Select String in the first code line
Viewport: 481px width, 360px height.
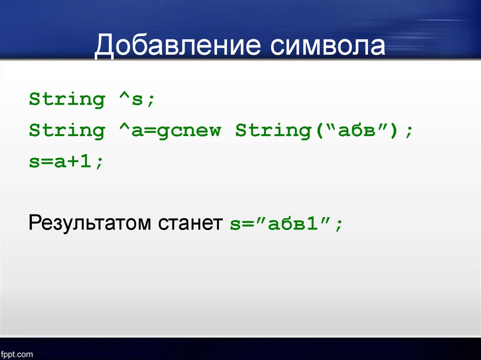coord(67,100)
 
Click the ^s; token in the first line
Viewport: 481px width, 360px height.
coord(137,99)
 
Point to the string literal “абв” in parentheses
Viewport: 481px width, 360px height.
coord(356,130)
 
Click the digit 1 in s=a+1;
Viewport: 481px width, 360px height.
coord(85,161)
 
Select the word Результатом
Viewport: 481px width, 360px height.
coord(90,223)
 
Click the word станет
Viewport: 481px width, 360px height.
coord(191,223)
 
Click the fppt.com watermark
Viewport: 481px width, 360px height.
coord(16,354)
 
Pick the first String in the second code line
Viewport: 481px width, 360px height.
coord(67,130)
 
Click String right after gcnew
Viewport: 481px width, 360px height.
coord(273,130)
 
